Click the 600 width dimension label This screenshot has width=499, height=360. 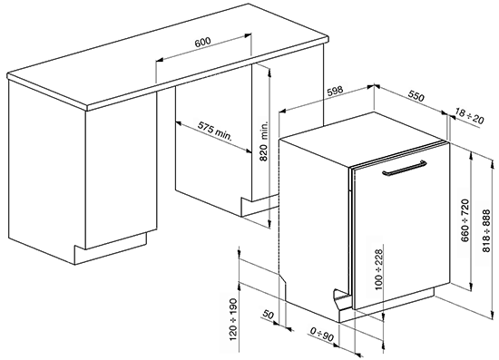pos(202,42)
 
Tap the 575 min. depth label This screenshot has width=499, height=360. pos(215,131)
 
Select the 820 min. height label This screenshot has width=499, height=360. pos(264,141)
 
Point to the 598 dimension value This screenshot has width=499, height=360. pos(335,91)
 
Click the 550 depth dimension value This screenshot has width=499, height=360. pos(416,96)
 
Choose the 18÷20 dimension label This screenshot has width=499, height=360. pos(469,116)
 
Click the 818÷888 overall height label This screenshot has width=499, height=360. pos(486,230)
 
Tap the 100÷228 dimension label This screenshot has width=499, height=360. pos(378,269)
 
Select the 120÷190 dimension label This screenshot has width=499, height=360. pos(233,319)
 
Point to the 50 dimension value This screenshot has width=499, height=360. pos(268,315)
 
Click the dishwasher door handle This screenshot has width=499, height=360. pos(405,168)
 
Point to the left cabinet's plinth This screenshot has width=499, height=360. pos(111,249)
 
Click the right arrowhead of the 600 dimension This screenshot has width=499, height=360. pos(249,35)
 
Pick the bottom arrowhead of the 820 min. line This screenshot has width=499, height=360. pos(269,224)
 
